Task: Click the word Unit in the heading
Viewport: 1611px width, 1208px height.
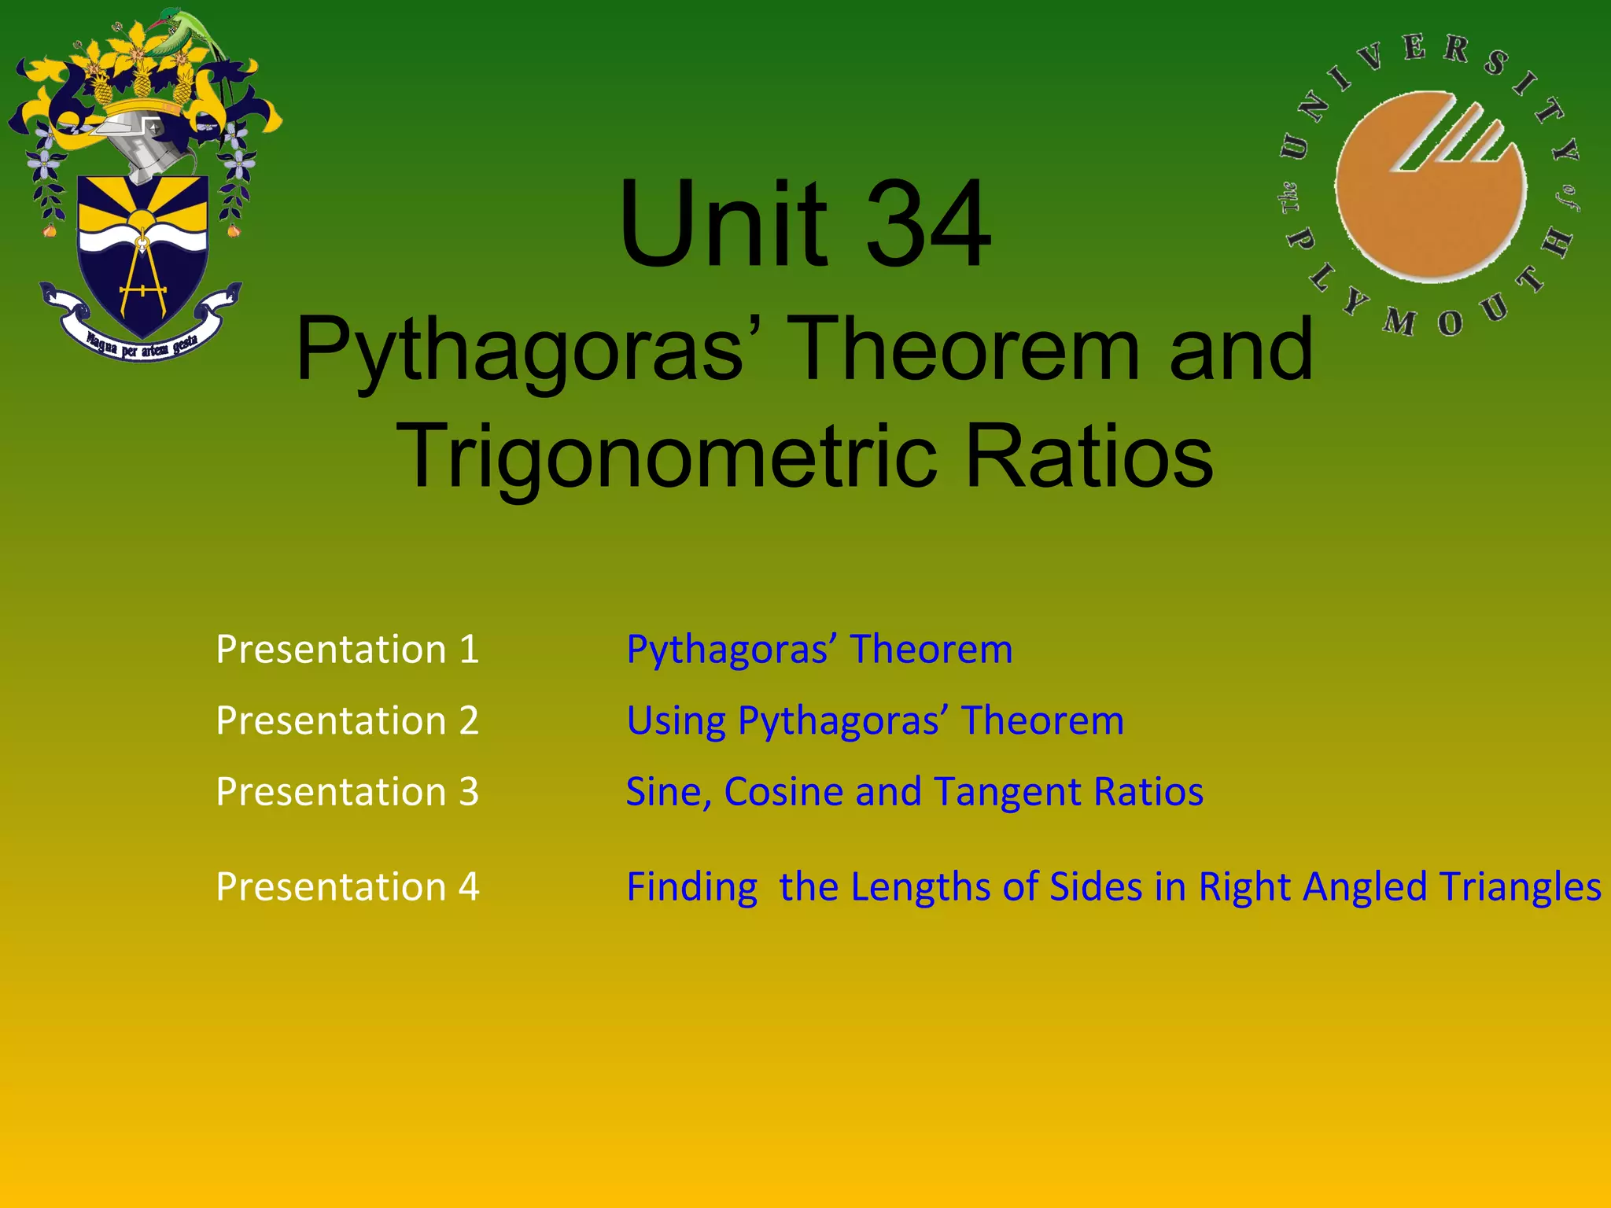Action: (722, 224)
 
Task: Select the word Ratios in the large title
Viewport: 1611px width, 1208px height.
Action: (1089, 456)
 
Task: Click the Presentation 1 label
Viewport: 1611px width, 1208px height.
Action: (347, 650)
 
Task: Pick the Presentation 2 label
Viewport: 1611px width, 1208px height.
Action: (347, 720)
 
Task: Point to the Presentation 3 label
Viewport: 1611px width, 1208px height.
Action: (347, 791)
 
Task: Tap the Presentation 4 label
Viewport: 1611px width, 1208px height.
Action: (347, 886)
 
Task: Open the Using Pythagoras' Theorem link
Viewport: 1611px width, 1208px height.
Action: (875, 720)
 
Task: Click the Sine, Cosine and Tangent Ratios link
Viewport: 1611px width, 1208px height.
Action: (914, 791)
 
